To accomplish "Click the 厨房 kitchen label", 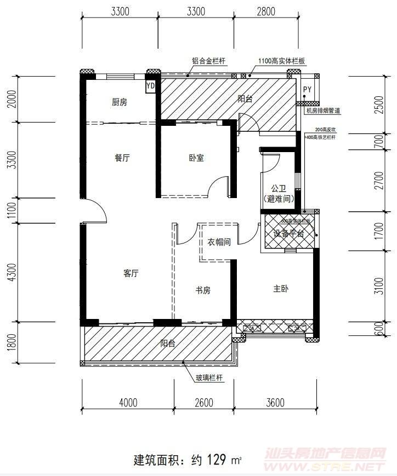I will pos(119,102).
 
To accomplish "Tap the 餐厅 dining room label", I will pos(122,158).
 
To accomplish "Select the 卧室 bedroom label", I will pos(196,158).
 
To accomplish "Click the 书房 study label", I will pos(203,291).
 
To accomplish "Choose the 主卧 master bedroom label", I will pos(281,288).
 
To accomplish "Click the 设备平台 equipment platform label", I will pos(288,233).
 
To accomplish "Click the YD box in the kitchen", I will pos(151,86).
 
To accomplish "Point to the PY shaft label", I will pos(307,89).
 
